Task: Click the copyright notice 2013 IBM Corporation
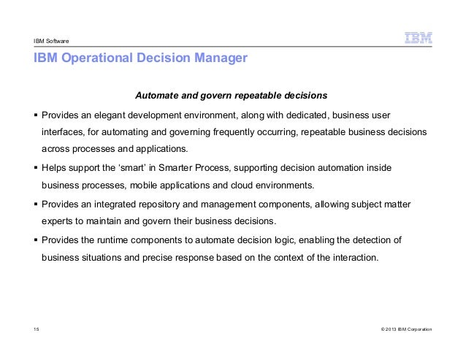(402, 331)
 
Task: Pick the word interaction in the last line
(353, 257)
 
